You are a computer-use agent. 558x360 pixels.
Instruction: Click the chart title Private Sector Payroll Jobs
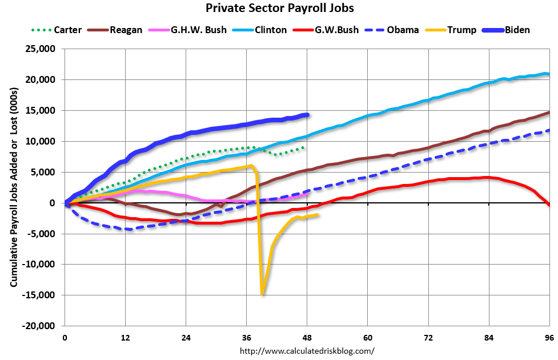(279, 9)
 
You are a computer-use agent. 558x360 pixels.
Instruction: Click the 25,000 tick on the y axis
(39, 49)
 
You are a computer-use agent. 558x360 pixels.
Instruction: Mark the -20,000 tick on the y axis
(38, 326)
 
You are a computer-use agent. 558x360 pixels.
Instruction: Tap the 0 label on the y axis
(51, 203)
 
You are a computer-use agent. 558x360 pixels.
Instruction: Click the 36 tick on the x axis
(247, 337)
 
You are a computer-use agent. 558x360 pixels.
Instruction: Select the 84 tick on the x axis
(489, 337)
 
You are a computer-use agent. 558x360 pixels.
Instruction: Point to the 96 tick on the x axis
(549, 337)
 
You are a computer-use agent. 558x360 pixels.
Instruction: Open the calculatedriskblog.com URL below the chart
(307, 351)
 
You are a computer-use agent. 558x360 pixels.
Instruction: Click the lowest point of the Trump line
(262, 294)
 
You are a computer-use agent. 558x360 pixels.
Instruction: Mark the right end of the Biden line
(307, 115)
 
